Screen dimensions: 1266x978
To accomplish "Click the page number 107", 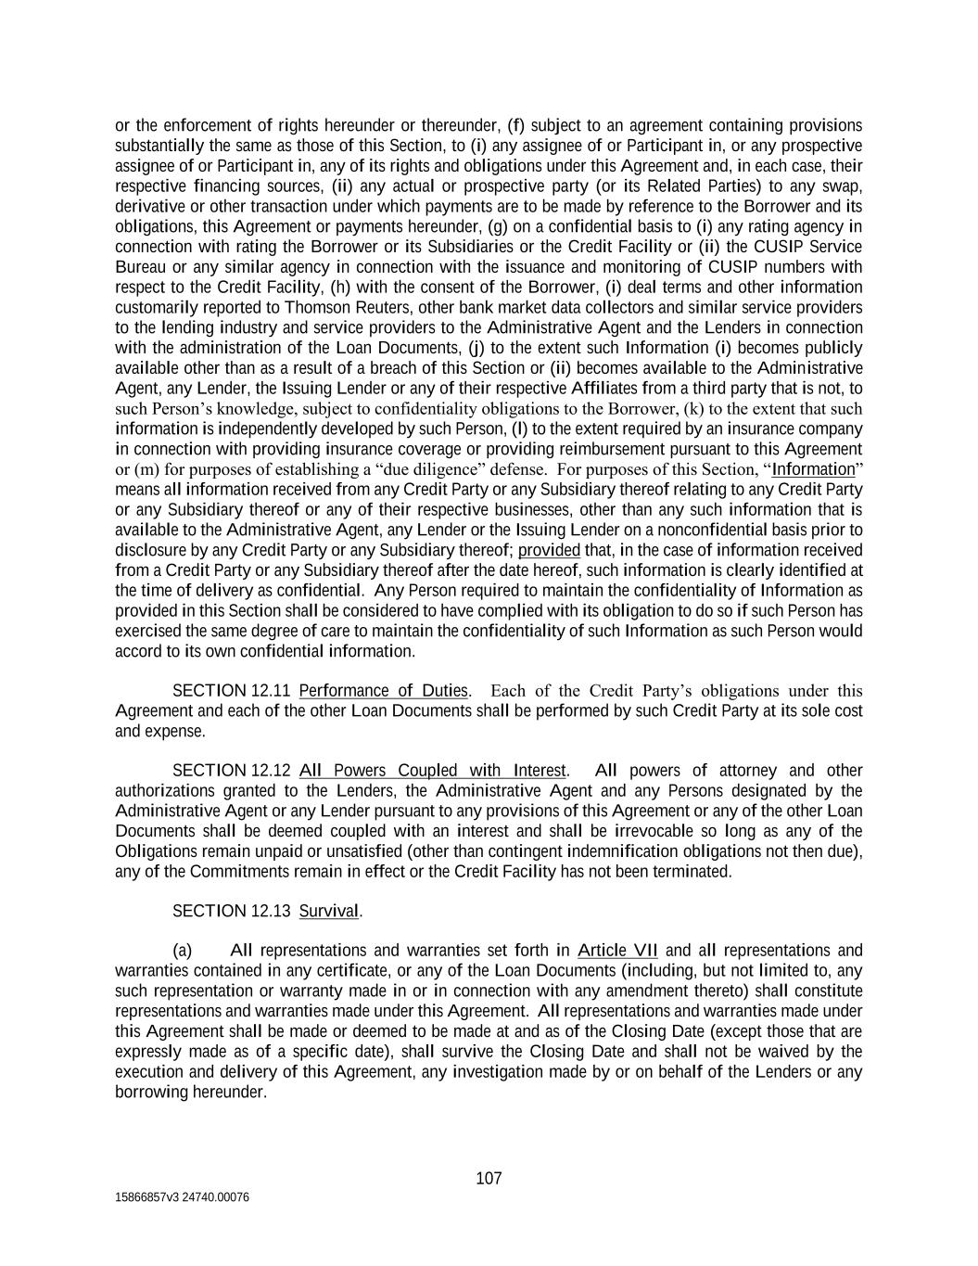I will click(x=489, y=1179).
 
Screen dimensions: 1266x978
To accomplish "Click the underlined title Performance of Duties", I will click(x=384, y=691).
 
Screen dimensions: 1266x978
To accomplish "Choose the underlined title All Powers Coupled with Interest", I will click(x=432, y=771).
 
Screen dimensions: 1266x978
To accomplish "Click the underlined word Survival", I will click(x=329, y=912).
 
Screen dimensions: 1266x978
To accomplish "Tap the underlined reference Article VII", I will click(x=617, y=951).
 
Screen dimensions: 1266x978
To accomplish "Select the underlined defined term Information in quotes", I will click(x=813, y=469).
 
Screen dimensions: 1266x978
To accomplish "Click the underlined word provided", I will click(x=549, y=550).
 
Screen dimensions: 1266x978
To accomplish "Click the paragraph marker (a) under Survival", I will click(x=183, y=951).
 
